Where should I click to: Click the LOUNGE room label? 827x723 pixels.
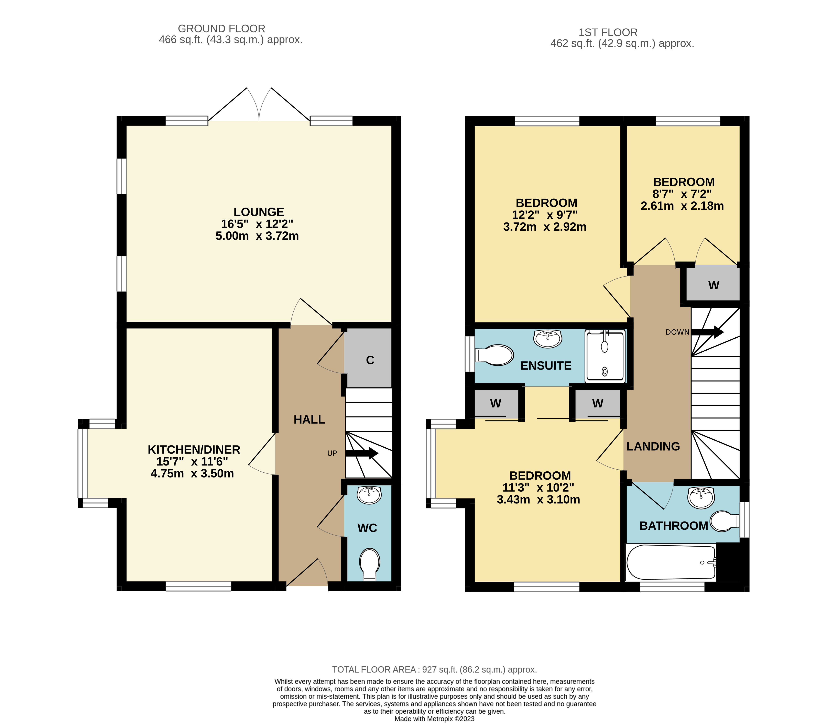(259, 212)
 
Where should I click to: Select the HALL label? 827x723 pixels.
(309, 420)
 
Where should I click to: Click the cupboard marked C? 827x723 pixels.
(368, 358)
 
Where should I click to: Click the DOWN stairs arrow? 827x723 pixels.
(708, 332)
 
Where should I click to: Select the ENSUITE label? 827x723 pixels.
(546, 365)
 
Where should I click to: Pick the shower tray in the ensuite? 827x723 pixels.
(605, 355)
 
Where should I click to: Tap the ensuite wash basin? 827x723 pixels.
(547, 339)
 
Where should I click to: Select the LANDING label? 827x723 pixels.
(653, 446)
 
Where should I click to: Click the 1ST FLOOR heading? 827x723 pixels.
(608, 32)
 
